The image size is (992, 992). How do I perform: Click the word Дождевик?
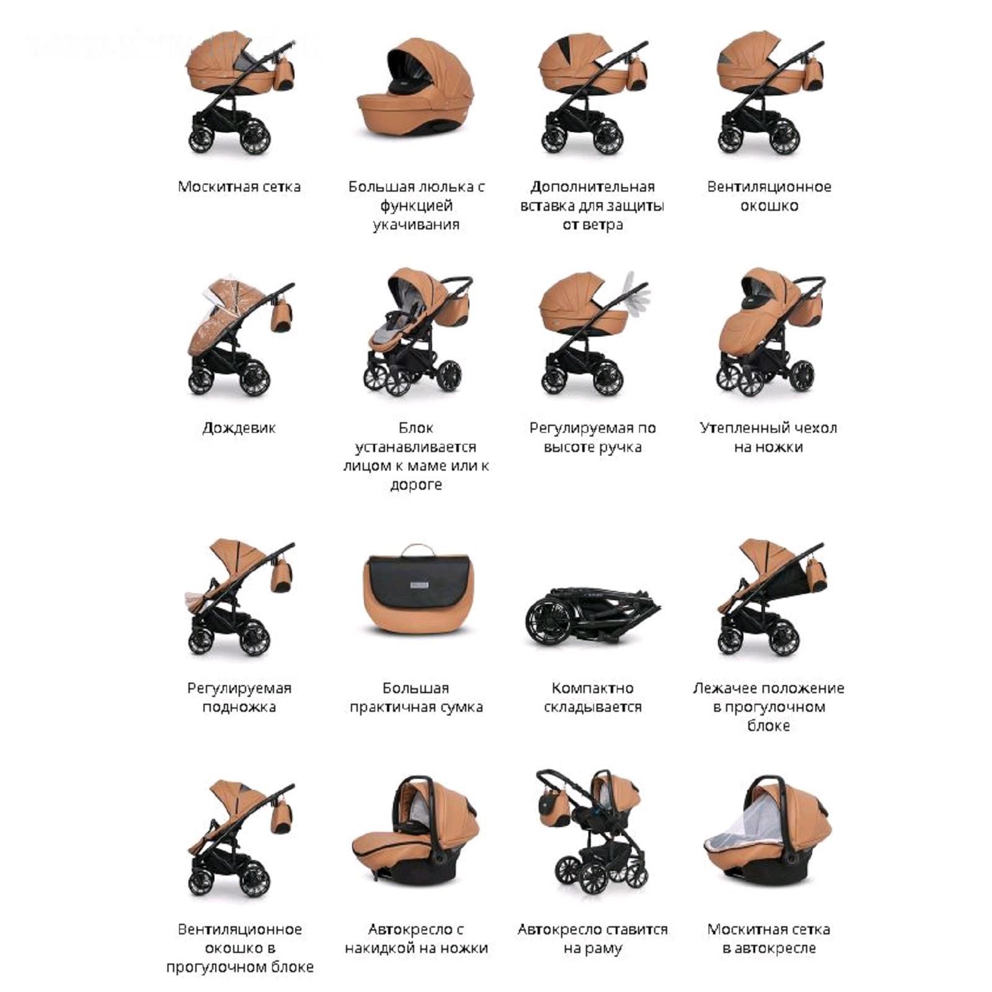point(239,428)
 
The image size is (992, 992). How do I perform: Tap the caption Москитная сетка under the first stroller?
point(239,187)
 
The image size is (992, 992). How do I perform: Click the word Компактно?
point(592,688)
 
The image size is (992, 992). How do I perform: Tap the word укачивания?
point(416,224)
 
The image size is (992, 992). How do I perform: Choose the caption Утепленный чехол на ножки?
point(768,437)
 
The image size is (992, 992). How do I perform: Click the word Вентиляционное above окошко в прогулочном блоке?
point(239,929)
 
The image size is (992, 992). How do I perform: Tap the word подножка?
point(239,707)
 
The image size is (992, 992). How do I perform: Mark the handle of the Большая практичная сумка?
point(415,549)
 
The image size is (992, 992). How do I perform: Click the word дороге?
point(416,485)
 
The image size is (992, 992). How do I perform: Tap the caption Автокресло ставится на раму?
point(592,939)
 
